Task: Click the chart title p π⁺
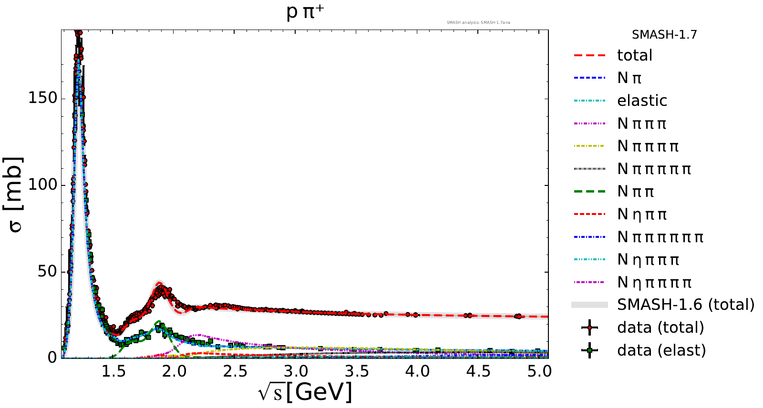(x=305, y=12)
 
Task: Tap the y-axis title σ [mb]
(x=16, y=194)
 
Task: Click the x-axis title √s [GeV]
(x=305, y=392)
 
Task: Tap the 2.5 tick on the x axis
(x=235, y=371)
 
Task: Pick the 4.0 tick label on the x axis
(x=418, y=371)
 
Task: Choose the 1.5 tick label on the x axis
(x=113, y=371)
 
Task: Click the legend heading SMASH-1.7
(x=664, y=35)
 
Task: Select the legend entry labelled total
(x=634, y=55)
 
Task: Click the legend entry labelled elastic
(x=642, y=101)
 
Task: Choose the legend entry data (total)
(x=660, y=327)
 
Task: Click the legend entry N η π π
(x=642, y=214)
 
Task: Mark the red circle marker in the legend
(x=590, y=327)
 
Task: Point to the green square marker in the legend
(x=590, y=350)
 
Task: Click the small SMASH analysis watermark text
(x=478, y=22)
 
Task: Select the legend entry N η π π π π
(x=654, y=282)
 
